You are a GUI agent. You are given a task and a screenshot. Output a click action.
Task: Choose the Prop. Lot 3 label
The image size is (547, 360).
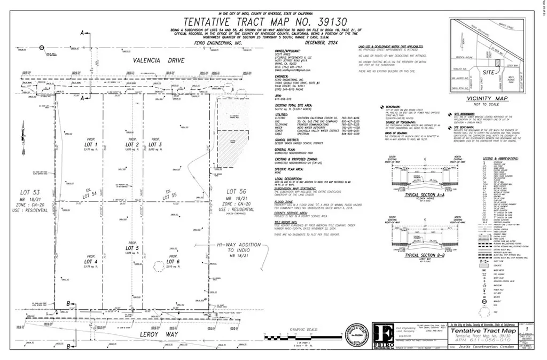pos(156,144)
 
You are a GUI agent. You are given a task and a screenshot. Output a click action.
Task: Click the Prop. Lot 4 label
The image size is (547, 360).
pos(92,262)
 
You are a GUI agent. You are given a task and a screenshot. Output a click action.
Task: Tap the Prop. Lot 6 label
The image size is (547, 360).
pos(172,261)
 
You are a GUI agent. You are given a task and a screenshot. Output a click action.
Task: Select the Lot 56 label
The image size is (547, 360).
pos(235,191)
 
